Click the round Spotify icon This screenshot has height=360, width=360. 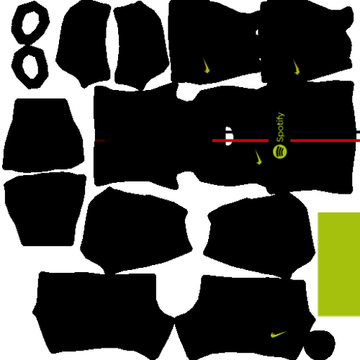click(x=280, y=151)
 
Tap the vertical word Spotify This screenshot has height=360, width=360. click(x=280, y=127)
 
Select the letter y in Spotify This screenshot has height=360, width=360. click(x=281, y=114)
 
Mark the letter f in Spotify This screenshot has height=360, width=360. click(x=279, y=119)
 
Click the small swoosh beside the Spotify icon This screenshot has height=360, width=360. click(x=258, y=157)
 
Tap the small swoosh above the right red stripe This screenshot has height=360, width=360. click(x=296, y=67)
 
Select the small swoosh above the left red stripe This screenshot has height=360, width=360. click(x=207, y=66)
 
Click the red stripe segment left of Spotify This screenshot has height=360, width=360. click(x=240, y=140)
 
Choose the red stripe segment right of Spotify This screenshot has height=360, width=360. click(x=324, y=140)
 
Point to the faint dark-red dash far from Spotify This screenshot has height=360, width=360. click(x=100, y=140)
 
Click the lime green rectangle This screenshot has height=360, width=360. click(x=338, y=264)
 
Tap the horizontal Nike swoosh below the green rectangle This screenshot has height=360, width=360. click(x=278, y=334)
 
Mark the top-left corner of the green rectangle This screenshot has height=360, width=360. click(x=318, y=212)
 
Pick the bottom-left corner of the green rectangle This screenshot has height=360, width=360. click(x=318, y=316)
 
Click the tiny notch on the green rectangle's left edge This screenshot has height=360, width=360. click(x=317, y=251)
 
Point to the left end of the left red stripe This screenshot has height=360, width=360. click(x=213, y=140)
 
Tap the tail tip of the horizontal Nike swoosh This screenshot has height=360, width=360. click(x=286, y=331)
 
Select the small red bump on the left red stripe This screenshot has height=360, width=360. click(x=229, y=141)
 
